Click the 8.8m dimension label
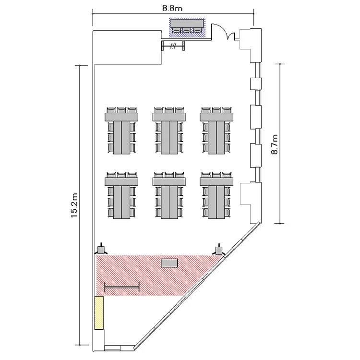click(x=172, y=9)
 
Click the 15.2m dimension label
click(x=74, y=205)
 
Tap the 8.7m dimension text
click(x=275, y=144)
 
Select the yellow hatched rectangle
click(x=99, y=313)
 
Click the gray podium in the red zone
click(x=169, y=263)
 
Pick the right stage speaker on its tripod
click(x=219, y=249)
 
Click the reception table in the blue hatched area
click(x=187, y=23)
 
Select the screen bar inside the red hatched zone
click(x=122, y=287)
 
